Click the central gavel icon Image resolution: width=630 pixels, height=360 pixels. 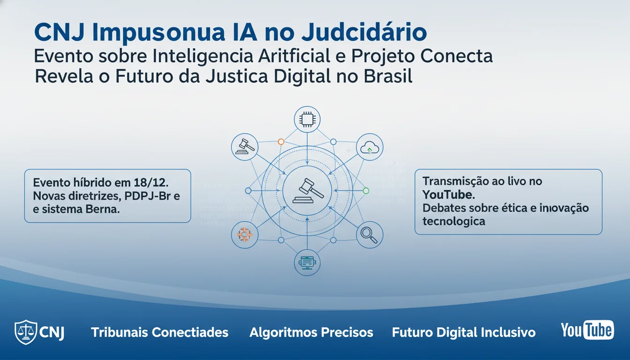point(307,190)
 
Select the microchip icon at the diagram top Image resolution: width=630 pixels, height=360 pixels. point(307,120)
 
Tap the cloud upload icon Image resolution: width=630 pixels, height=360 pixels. point(369,148)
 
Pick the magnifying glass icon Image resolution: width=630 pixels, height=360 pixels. point(369,234)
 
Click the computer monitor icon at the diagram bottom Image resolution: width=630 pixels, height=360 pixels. point(307,263)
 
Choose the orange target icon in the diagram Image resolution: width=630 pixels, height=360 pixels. point(245,234)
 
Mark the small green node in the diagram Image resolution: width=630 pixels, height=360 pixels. point(366,191)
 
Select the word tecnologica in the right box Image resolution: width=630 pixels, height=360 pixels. point(453,221)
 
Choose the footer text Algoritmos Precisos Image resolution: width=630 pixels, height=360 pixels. point(311,333)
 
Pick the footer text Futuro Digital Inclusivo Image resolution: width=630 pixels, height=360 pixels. point(464,333)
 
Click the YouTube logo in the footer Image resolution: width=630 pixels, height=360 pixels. point(587,330)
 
